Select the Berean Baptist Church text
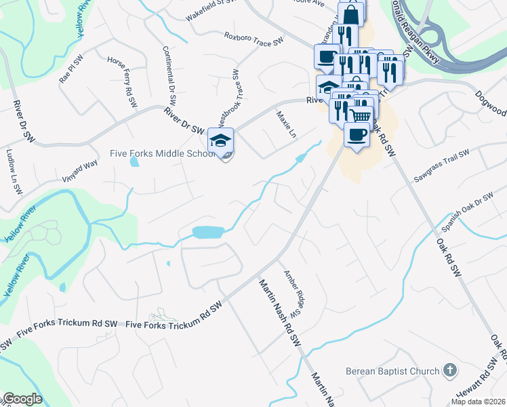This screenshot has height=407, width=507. click(392, 370)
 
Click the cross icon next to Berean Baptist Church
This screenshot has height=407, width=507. click(449, 370)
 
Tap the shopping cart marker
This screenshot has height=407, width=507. click(361, 117)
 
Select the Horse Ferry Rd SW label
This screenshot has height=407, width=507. click(123, 81)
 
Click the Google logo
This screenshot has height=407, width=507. click(22, 399)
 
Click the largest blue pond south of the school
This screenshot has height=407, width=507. click(208, 233)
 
